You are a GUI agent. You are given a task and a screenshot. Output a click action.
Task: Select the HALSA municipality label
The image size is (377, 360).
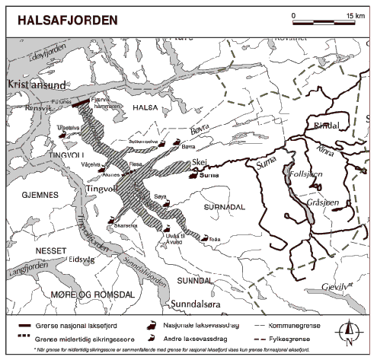click(145, 109)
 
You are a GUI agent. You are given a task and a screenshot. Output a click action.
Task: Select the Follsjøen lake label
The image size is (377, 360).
click(307, 174)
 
